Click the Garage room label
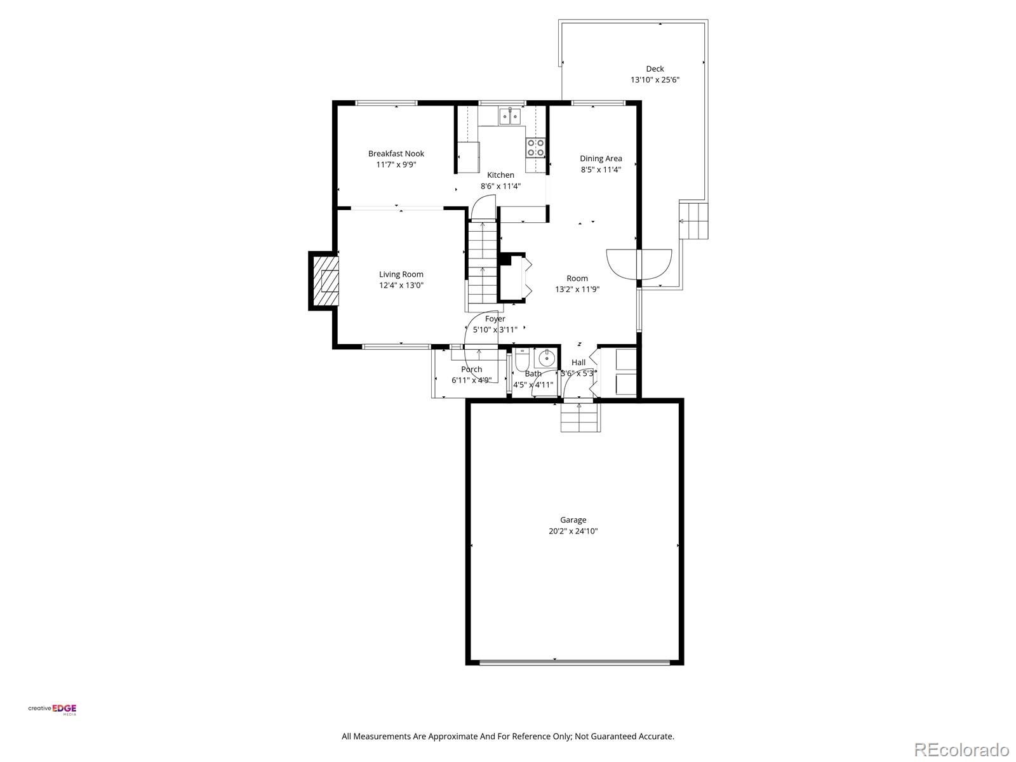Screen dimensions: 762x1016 pyautogui.click(x=573, y=519)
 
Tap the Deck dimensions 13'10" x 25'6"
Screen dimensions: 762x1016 pyautogui.click(x=655, y=80)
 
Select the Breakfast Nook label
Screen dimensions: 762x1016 pyautogui.click(x=396, y=154)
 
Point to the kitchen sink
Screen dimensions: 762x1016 pyautogui.click(x=509, y=116)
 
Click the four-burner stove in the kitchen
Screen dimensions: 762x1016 pyautogui.click(x=535, y=148)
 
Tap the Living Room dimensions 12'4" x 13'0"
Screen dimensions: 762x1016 pyautogui.click(x=401, y=286)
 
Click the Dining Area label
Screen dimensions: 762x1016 pyautogui.click(x=601, y=159)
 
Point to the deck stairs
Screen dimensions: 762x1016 pyautogui.click(x=693, y=220)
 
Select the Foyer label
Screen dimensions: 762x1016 pyautogui.click(x=495, y=319)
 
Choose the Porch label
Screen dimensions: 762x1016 pyautogui.click(x=471, y=370)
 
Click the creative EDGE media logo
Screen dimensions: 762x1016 pyautogui.click(x=52, y=709)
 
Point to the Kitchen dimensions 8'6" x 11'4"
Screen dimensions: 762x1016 pyautogui.click(x=500, y=186)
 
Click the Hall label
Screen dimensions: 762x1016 pyautogui.click(x=578, y=363)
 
